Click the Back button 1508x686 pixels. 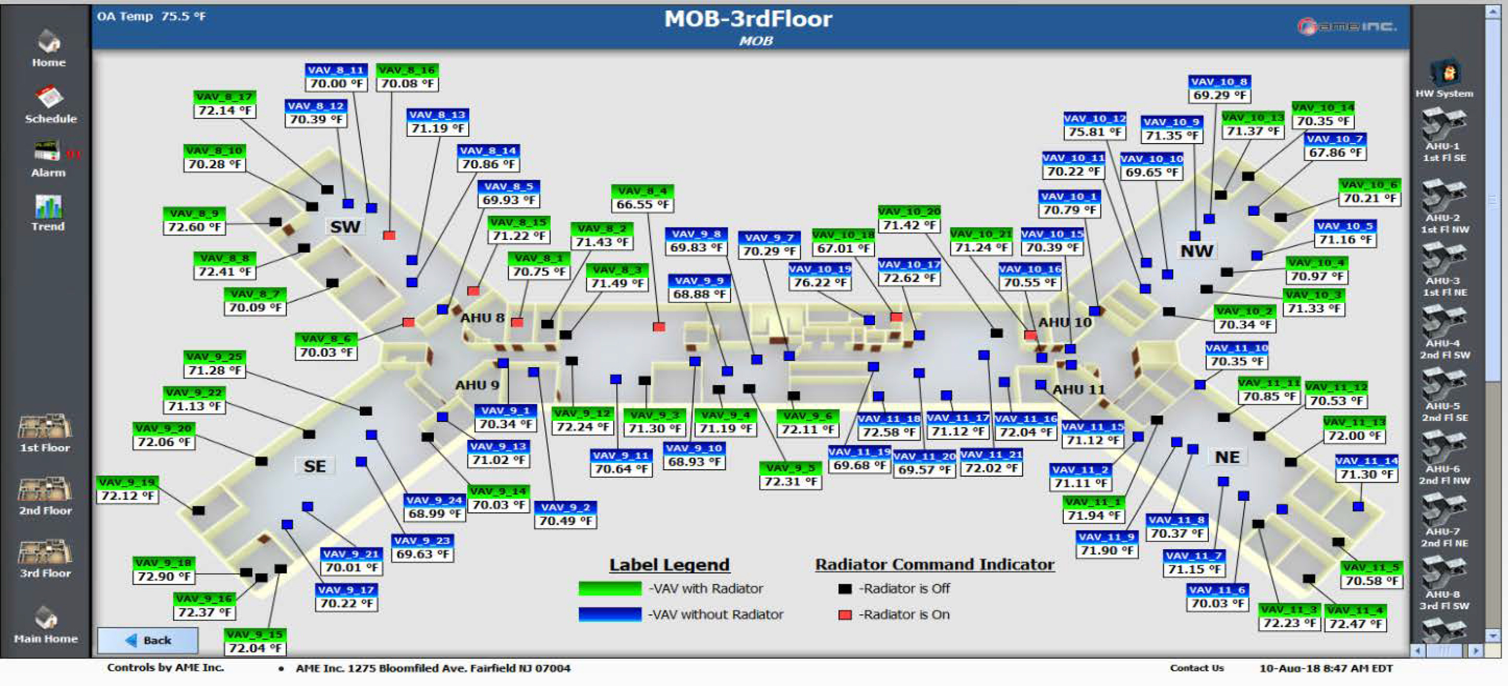pos(147,640)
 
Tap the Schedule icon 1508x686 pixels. pos(50,98)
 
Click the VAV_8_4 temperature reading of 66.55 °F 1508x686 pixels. pos(642,204)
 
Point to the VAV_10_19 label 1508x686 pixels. pos(819,269)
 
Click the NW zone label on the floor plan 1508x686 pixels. pos(1196,251)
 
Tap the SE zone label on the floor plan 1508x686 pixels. pos(315,466)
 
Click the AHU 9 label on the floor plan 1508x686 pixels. pos(477,385)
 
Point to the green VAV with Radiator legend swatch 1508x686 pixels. pos(609,588)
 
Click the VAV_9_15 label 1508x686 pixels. pos(255,635)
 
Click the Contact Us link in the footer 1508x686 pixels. pos(1196,668)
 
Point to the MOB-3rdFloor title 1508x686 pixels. pos(748,19)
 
